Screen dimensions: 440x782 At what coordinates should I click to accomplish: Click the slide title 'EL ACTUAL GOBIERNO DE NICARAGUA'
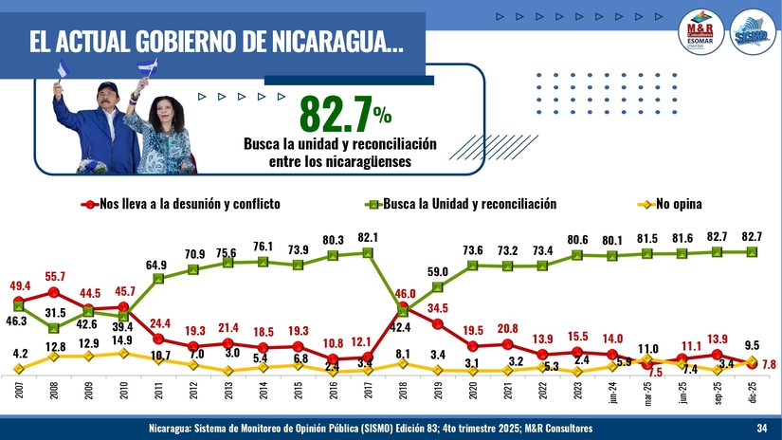click(x=213, y=43)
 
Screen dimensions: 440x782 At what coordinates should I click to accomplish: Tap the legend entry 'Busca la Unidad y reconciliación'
click(x=460, y=204)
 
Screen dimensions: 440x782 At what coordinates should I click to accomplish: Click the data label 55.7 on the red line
click(x=54, y=275)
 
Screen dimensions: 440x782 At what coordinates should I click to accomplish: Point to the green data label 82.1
click(x=369, y=237)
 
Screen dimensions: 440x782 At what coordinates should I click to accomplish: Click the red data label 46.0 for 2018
click(x=404, y=294)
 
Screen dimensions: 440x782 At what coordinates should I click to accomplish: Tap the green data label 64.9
click(x=158, y=265)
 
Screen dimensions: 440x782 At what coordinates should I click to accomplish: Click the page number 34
click(x=761, y=430)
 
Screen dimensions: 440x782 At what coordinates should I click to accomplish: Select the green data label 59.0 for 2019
click(x=438, y=272)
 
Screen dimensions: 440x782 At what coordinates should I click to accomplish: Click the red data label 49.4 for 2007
click(x=20, y=285)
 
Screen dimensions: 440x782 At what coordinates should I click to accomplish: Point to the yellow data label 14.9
click(x=122, y=339)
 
